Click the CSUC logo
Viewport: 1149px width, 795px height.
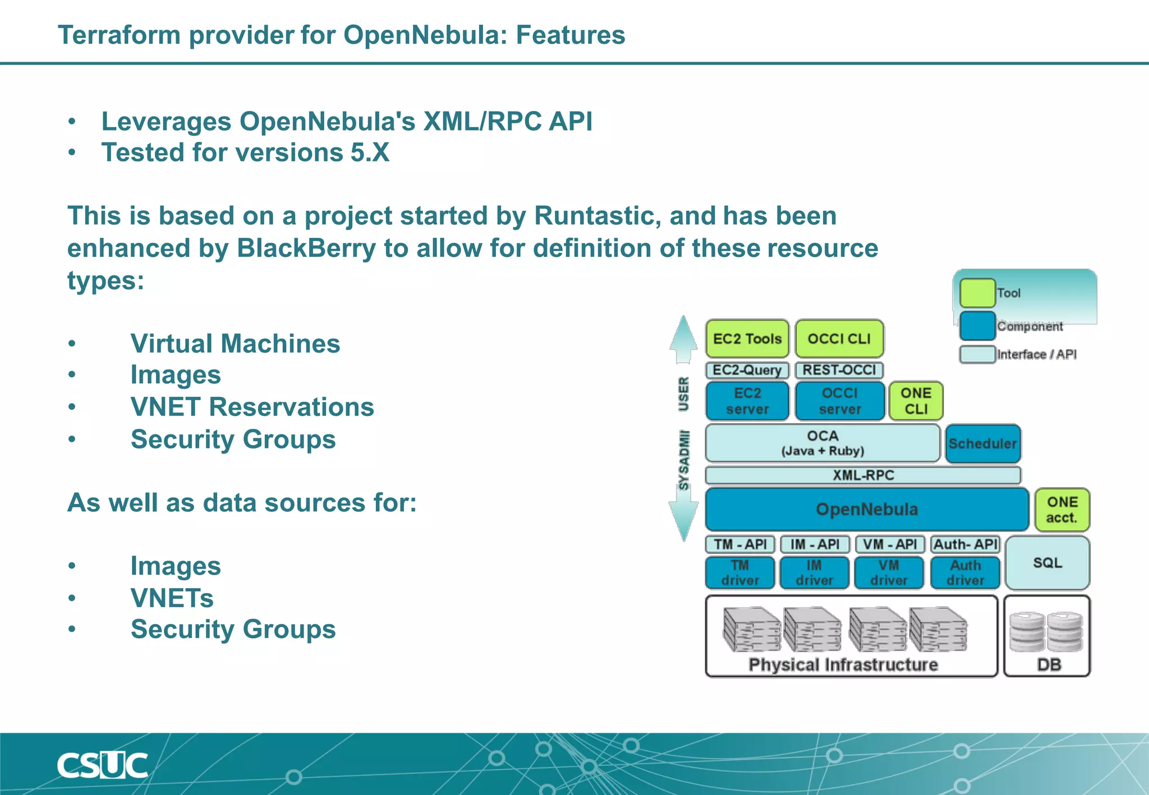coord(102,765)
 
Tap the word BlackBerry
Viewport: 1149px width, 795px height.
coord(306,248)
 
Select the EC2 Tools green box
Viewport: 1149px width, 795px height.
coord(747,339)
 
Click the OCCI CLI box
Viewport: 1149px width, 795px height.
coord(839,339)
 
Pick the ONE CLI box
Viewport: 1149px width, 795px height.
coord(916,401)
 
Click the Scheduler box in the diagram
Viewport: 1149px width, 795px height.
coord(982,443)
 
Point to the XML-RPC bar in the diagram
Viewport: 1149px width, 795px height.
coord(863,475)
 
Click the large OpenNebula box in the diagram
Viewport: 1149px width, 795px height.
coord(866,509)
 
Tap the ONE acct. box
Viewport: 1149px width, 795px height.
coord(1061,510)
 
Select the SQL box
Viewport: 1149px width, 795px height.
coord(1047,563)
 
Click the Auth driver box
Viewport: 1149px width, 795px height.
coord(965,572)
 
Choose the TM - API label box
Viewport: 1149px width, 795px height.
coord(740,544)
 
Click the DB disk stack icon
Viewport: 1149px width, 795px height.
coord(1046,632)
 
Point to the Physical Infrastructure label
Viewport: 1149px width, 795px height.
coord(843,665)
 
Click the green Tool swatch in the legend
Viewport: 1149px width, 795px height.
coord(977,293)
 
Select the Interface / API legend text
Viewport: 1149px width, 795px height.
coord(1036,354)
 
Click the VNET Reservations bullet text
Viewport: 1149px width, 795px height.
coord(252,407)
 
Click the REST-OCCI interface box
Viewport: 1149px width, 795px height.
coord(839,370)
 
